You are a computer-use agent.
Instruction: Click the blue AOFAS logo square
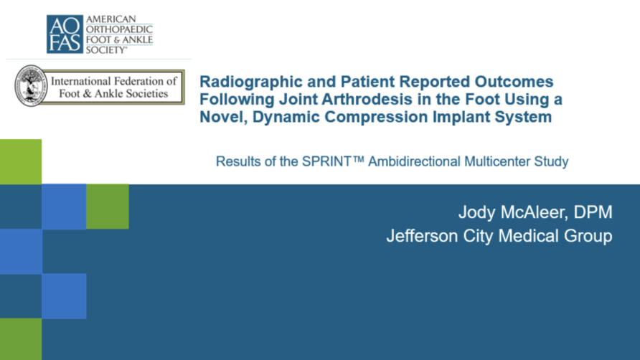pos(65,34)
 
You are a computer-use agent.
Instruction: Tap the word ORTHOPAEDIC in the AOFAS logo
pos(119,29)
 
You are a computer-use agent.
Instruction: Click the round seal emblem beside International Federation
pos(31,86)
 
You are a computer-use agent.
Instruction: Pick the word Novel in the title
pos(223,117)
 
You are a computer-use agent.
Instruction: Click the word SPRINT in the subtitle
pos(326,161)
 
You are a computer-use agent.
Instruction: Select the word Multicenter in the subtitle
pos(497,161)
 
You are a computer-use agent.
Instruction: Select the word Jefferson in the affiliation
pos(422,236)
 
